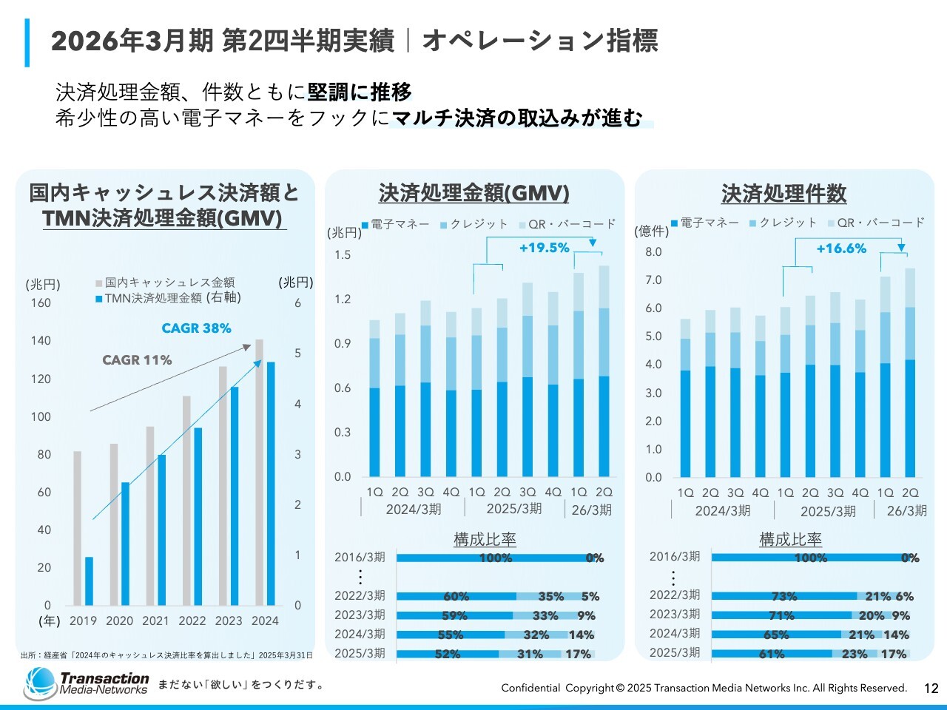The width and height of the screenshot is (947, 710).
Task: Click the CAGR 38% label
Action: tap(196, 328)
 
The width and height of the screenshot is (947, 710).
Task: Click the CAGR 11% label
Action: tap(137, 360)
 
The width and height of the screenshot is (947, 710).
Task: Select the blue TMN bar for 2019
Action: tap(89, 581)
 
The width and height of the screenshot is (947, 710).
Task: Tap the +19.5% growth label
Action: tap(544, 248)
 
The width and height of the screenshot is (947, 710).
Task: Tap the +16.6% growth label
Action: tap(841, 248)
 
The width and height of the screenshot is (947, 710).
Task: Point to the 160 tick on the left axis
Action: tap(41, 302)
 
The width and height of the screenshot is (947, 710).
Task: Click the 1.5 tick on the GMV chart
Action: tap(343, 255)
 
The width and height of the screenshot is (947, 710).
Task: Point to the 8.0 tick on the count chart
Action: tap(653, 252)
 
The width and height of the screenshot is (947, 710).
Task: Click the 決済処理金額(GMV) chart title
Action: tap(473, 194)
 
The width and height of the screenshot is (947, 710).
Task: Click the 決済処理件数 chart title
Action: tap(783, 194)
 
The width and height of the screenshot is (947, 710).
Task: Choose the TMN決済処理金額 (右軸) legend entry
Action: tap(168, 298)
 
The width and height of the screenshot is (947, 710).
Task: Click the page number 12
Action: tap(931, 689)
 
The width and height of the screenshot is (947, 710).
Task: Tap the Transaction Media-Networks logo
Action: tap(86, 683)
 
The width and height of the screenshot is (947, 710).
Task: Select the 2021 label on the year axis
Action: tap(155, 621)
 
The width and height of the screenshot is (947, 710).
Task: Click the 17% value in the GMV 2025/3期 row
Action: tap(578, 654)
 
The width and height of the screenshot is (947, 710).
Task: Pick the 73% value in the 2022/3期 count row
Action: tap(783, 596)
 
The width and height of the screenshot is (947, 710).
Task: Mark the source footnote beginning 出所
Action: tap(166, 655)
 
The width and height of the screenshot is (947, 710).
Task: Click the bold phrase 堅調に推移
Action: tap(360, 92)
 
